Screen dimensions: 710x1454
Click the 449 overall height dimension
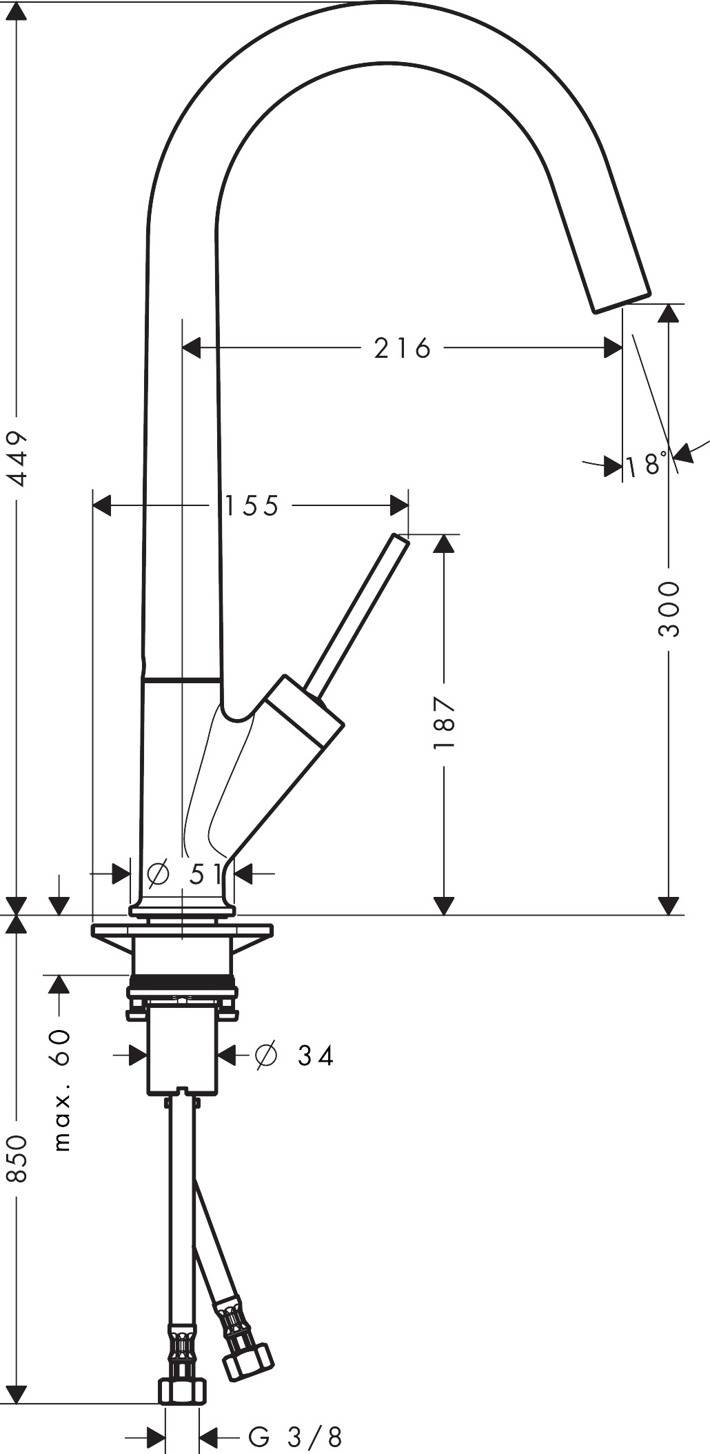16,458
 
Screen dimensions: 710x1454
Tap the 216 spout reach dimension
403,348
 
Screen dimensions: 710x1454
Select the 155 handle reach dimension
252,505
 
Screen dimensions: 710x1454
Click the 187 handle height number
445,723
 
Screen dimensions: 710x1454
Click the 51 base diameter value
206,874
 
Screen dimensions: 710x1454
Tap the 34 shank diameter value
316,1055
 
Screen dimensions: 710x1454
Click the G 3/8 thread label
295,1437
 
